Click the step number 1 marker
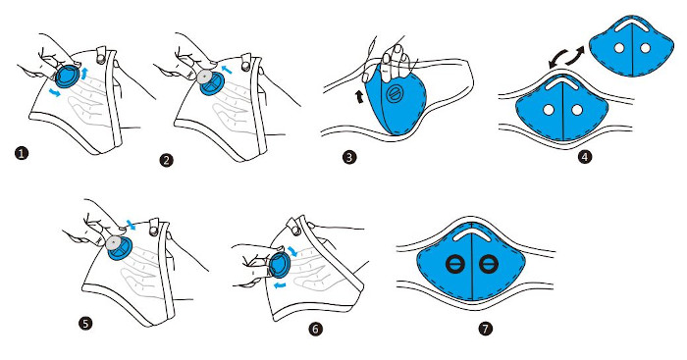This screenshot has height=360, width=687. pos(22,153)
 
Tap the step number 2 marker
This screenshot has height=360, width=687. pos(166,160)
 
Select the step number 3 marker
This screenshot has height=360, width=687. pos(349,158)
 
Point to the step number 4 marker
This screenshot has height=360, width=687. pos(585,156)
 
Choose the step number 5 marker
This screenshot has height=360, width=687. pos(85,324)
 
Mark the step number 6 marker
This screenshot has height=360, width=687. pos(315,329)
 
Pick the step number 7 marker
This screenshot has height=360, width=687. pos(485,329)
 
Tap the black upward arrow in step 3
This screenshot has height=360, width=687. pos(360,96)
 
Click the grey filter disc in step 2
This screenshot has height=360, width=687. pos(204,77)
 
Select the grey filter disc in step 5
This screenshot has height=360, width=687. pos(114,242)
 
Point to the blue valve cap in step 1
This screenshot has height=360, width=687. pos(68,76)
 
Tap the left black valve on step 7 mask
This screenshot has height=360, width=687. pos(454,264)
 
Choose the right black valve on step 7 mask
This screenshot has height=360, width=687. pos(487,264)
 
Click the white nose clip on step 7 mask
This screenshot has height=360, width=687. pos(471,233)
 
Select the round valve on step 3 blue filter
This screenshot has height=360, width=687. pos(393,94)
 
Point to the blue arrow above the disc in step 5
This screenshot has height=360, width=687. pos(131,225)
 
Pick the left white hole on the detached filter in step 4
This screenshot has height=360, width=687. pos(619,48)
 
